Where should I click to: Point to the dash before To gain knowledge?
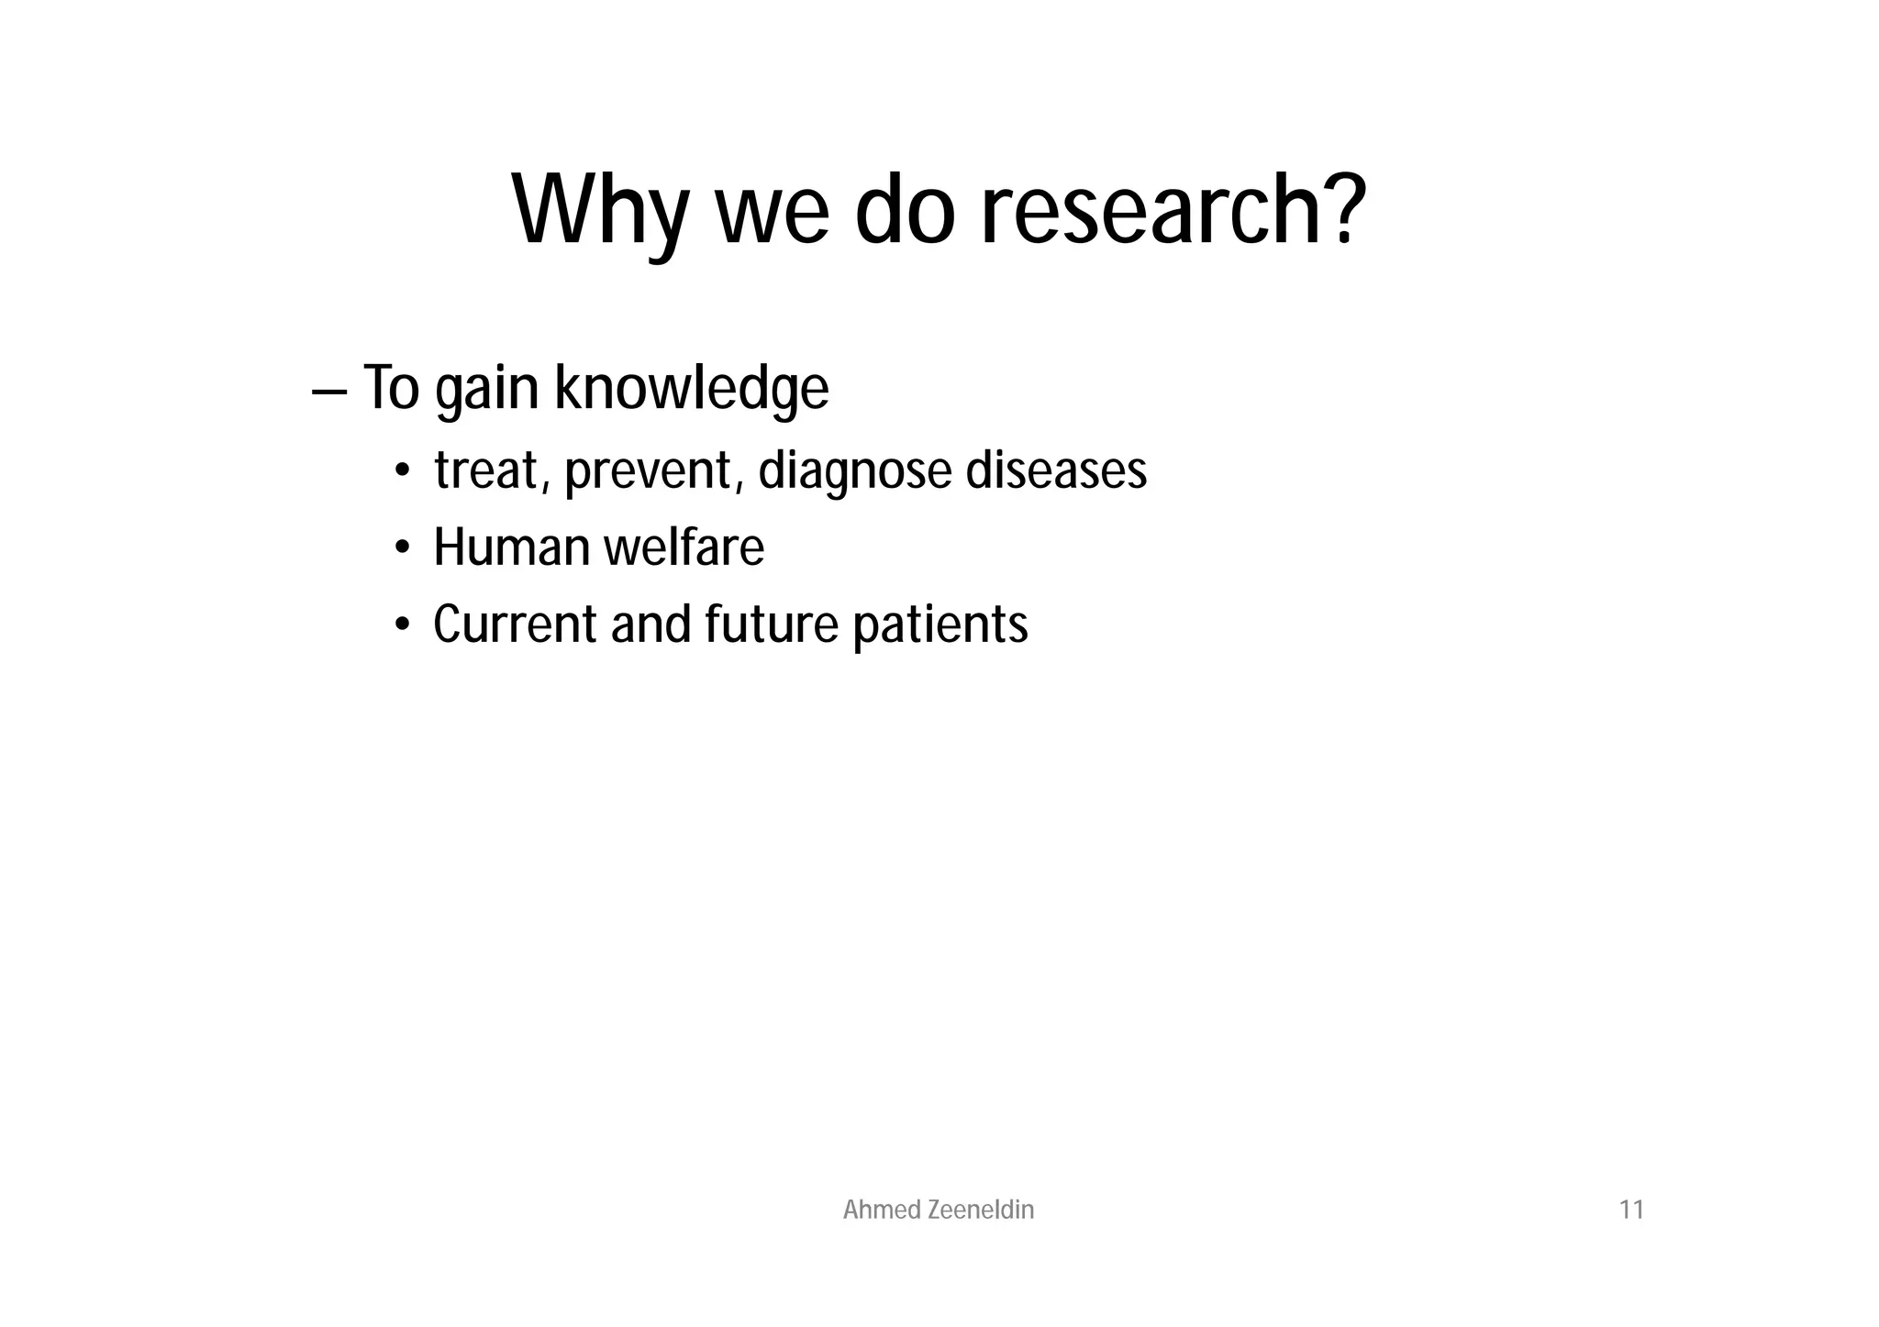(x=328, y=391)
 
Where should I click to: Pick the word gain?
(x=486, y=390)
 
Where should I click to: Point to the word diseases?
(x=1056, y=470)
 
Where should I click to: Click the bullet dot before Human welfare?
(x=402, y=548)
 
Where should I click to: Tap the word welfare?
(x=684, y=547)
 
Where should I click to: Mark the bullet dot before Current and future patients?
(x=402, y=625)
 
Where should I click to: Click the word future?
(x=771, y=625)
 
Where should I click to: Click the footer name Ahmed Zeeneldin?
(x=938, y=1211)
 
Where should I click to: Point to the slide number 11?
(x=1631, y=1211)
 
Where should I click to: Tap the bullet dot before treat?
(x=402, y=471)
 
